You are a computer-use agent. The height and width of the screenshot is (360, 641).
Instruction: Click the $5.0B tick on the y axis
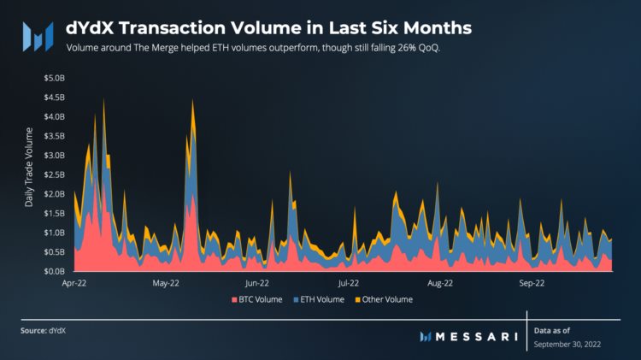point(53,78)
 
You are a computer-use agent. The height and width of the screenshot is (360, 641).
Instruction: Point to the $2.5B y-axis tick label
point(53,174)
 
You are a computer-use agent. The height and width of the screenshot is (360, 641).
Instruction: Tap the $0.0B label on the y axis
point(53,271)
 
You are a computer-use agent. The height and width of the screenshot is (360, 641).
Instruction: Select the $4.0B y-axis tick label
point(53,116)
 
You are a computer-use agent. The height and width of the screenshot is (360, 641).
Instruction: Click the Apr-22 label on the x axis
point(75,281)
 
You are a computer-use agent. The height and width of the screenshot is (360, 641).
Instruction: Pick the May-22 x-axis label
point(166,281)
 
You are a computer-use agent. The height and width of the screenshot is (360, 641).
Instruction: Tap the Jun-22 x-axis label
point(257,281)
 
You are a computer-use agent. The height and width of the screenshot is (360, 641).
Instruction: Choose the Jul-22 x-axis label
point(348,281)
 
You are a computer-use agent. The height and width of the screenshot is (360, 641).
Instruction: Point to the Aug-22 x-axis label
point(439,281)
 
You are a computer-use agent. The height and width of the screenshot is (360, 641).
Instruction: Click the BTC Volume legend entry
point(259,299)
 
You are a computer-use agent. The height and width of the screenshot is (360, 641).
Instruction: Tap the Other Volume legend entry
point(384,299)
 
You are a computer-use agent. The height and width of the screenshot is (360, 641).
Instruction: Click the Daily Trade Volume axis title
point(29,168)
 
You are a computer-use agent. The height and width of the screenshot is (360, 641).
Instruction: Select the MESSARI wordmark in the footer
point(477,336)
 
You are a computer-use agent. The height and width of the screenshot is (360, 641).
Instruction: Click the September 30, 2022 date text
point(567,344)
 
